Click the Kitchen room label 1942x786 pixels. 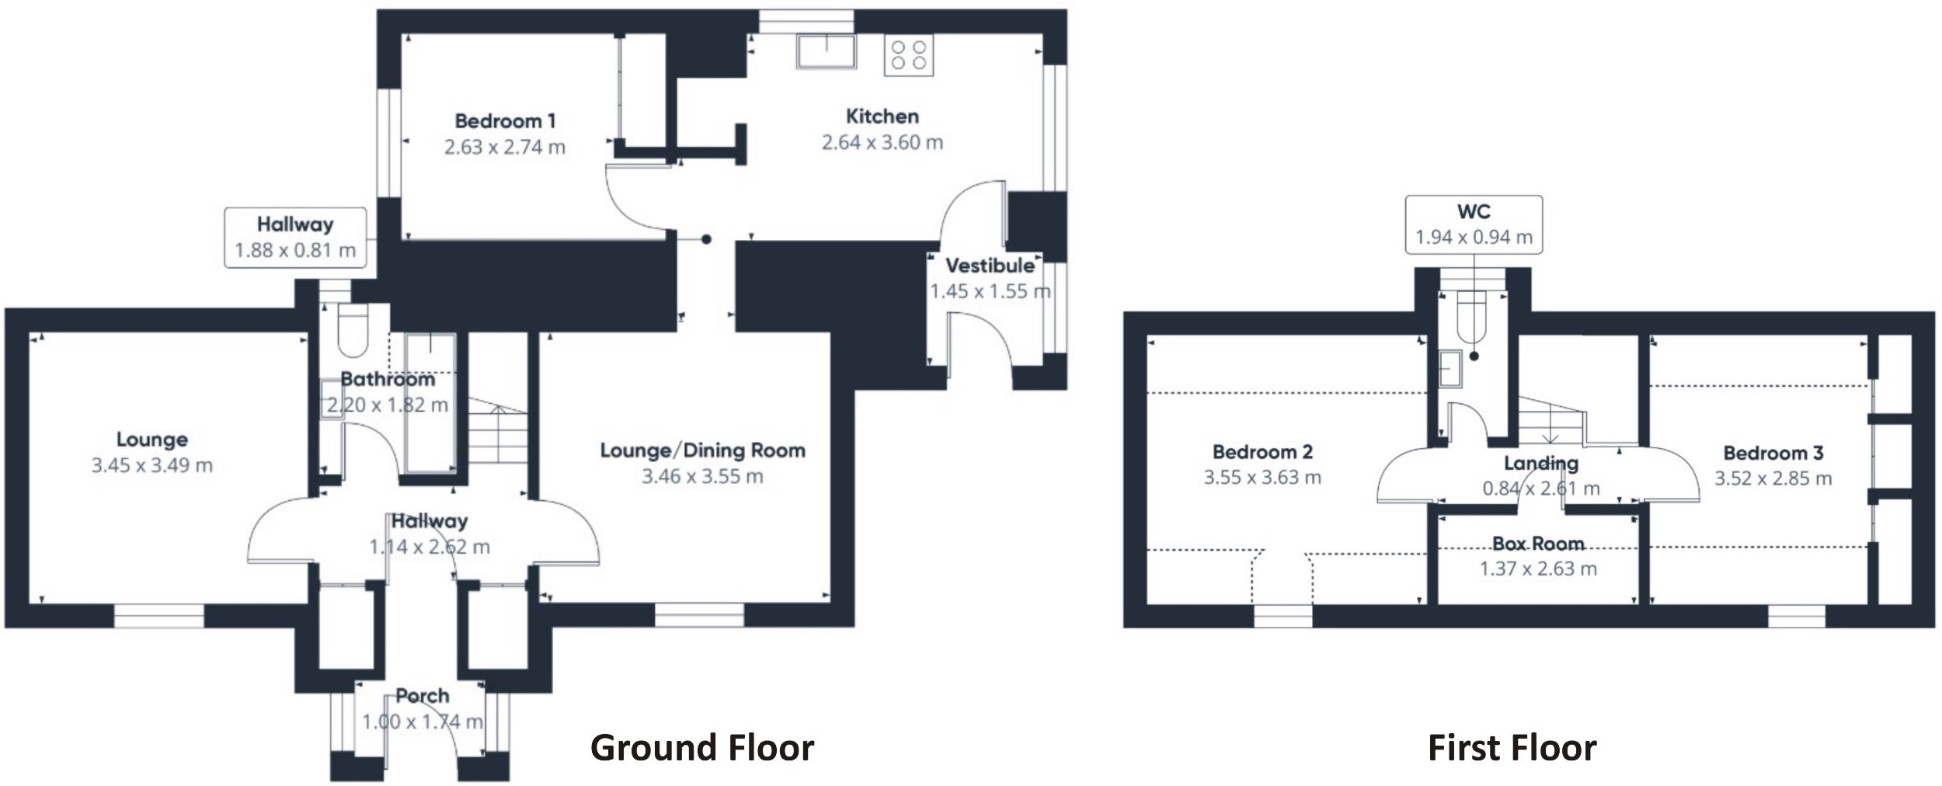[x=882, y=117]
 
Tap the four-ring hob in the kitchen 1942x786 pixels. [x=908, y=55]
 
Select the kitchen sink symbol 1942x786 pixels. [x=825, y=51]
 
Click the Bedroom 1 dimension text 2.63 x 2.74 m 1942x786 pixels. [x=504, y=147]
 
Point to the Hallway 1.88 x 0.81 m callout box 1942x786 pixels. [x=295, y=238]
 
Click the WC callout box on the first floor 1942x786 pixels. [x=1473, y=224]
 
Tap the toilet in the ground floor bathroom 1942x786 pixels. [x=353, y=329]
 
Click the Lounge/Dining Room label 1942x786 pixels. [x=702, y=450]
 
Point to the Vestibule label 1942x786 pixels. [x=989, y=266]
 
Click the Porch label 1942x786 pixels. [x=422, y=695]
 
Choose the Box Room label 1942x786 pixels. [x=1537, y=543]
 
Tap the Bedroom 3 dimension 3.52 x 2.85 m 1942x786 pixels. [x=1773, y=478]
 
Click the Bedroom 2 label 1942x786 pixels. [x=1262, y=451]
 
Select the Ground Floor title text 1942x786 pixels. [x=701, y=748]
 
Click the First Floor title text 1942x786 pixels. [x=1512, y=748]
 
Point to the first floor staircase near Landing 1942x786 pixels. [x=1549, y=423]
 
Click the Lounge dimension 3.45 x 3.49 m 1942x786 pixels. [x=151, y=465]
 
